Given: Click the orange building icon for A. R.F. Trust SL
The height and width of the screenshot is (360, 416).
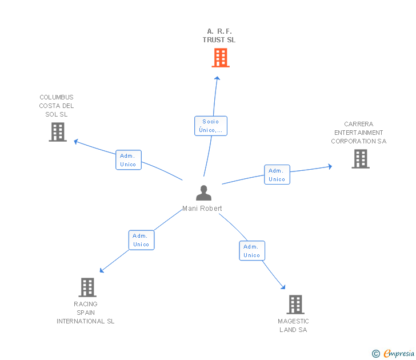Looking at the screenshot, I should tap(221, 58).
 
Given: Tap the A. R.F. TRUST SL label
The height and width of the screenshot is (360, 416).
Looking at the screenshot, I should tap(219, 35).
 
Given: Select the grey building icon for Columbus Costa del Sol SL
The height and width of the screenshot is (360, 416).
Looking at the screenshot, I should tap(57, 132).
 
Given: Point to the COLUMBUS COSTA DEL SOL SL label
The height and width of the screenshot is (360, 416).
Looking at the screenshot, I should tap(57, 106).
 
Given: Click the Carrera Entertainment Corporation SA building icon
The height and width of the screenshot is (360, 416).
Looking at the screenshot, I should tap(361, 159).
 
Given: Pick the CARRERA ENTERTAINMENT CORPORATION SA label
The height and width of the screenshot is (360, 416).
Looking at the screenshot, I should tap(359, 133).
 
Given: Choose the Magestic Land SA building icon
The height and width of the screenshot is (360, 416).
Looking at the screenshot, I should tap(295, 305).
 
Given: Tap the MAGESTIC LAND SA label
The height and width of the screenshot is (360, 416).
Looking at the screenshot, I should tap(294, 326).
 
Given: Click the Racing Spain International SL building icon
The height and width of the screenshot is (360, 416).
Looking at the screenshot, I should tap(87, 287).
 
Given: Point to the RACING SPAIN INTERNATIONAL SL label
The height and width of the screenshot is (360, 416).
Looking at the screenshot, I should tap(86, 313).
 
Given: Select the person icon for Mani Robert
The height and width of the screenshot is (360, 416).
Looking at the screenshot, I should tap(203, 193).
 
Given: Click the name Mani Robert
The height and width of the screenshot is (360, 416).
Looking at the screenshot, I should tap(202, 209).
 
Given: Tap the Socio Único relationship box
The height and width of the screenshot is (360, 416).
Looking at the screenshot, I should tap(211, 126).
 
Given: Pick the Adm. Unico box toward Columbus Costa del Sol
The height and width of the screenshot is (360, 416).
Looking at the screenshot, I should tap(129, 160).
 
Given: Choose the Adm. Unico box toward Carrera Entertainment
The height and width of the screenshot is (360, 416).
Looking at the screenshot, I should tap(277, 175).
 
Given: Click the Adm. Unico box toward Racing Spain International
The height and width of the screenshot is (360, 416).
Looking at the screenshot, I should tap(141, 240).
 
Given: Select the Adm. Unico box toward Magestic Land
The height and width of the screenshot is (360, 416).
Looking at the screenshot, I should tap(252, 251).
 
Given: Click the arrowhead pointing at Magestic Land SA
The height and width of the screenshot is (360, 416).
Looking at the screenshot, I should tap(282, 286).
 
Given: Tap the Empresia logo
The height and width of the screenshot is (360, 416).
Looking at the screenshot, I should tap(394, 353).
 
